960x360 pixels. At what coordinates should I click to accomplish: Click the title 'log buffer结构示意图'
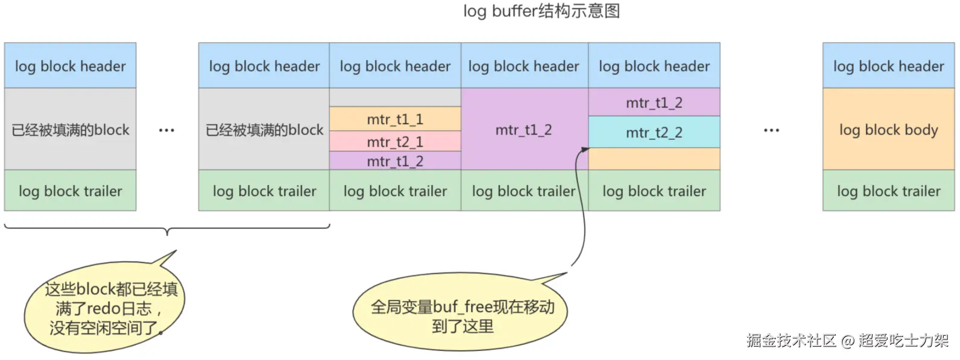click(541, 11)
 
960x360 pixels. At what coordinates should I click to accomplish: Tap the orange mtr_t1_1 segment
click(395, 119)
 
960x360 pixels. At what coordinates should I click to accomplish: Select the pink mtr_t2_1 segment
click(395, 142)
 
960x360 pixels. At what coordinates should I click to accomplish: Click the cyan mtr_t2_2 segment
click(654, 133)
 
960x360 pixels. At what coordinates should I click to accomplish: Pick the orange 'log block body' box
click(888, 130)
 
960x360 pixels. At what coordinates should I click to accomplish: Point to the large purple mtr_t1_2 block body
click(523, 130)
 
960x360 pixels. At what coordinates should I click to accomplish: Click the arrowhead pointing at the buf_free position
click(584, 150)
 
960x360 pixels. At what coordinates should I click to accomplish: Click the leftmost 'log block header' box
click(70, 66)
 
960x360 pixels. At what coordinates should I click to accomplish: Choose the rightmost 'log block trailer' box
click(888, 191)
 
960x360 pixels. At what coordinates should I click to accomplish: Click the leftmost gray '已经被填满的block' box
click(70, 130)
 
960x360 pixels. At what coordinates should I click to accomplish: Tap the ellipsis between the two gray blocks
click(166, 130)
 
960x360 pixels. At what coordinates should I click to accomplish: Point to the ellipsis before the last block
click(771, 130)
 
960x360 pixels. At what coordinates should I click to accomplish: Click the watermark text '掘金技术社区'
click(791, 341)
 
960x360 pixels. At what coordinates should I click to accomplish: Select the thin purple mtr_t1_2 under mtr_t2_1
click(395, 161)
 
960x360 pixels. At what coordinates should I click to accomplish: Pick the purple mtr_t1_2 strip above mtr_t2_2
click(654, 103)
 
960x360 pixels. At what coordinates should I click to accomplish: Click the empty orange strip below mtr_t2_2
click(654, 159)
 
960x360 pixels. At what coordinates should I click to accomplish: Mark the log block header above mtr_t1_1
click(395, 66)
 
